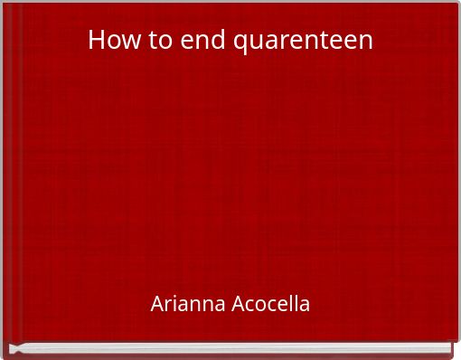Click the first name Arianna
tap(187, 304)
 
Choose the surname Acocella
tap(268, 304)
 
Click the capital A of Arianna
tap(157, 304)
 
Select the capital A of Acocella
tap(236, 304)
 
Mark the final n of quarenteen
tap(365, 42)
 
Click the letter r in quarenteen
tap(270, 42)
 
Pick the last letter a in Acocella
tap(305, 305)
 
